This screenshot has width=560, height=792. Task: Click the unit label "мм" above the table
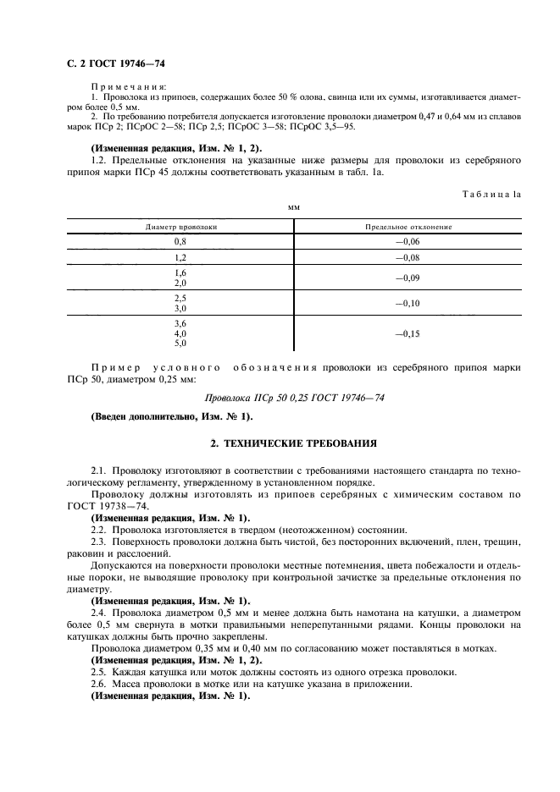[294, 206]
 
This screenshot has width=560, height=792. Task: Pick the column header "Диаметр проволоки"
[180, 227]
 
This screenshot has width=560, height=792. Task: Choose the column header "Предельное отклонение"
[408, 227]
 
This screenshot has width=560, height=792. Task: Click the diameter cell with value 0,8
[180, 241]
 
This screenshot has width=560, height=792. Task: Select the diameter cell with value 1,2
[180, 257]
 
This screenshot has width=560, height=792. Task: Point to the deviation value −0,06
[408, 241]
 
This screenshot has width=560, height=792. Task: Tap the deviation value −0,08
[408, 257]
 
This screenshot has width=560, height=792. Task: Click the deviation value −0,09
[408, 278]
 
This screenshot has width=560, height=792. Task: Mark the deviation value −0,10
[408, 303]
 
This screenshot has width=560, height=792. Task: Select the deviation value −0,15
[408, 333]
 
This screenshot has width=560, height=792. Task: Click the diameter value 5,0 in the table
[180, 344]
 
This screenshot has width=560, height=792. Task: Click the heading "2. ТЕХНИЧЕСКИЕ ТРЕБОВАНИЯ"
[294, 443]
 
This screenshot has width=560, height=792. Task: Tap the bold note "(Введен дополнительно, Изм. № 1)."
[170, 416]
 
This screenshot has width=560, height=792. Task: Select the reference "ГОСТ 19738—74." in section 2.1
[120, 505]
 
